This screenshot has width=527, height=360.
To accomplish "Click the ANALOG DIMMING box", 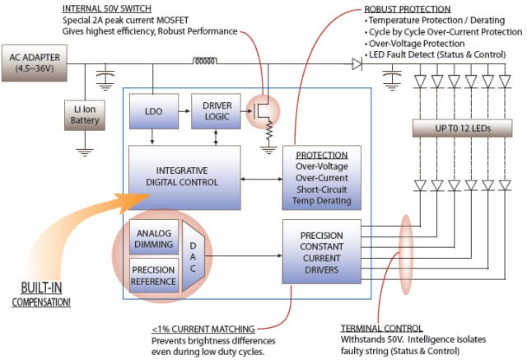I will (153, 239).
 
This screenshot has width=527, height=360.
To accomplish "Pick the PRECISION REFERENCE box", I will (153, 275).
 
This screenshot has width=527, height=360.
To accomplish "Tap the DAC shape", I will (194, 256).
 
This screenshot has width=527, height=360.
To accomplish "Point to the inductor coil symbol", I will (205, 59).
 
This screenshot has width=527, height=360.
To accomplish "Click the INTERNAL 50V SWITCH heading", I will (100, 9).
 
